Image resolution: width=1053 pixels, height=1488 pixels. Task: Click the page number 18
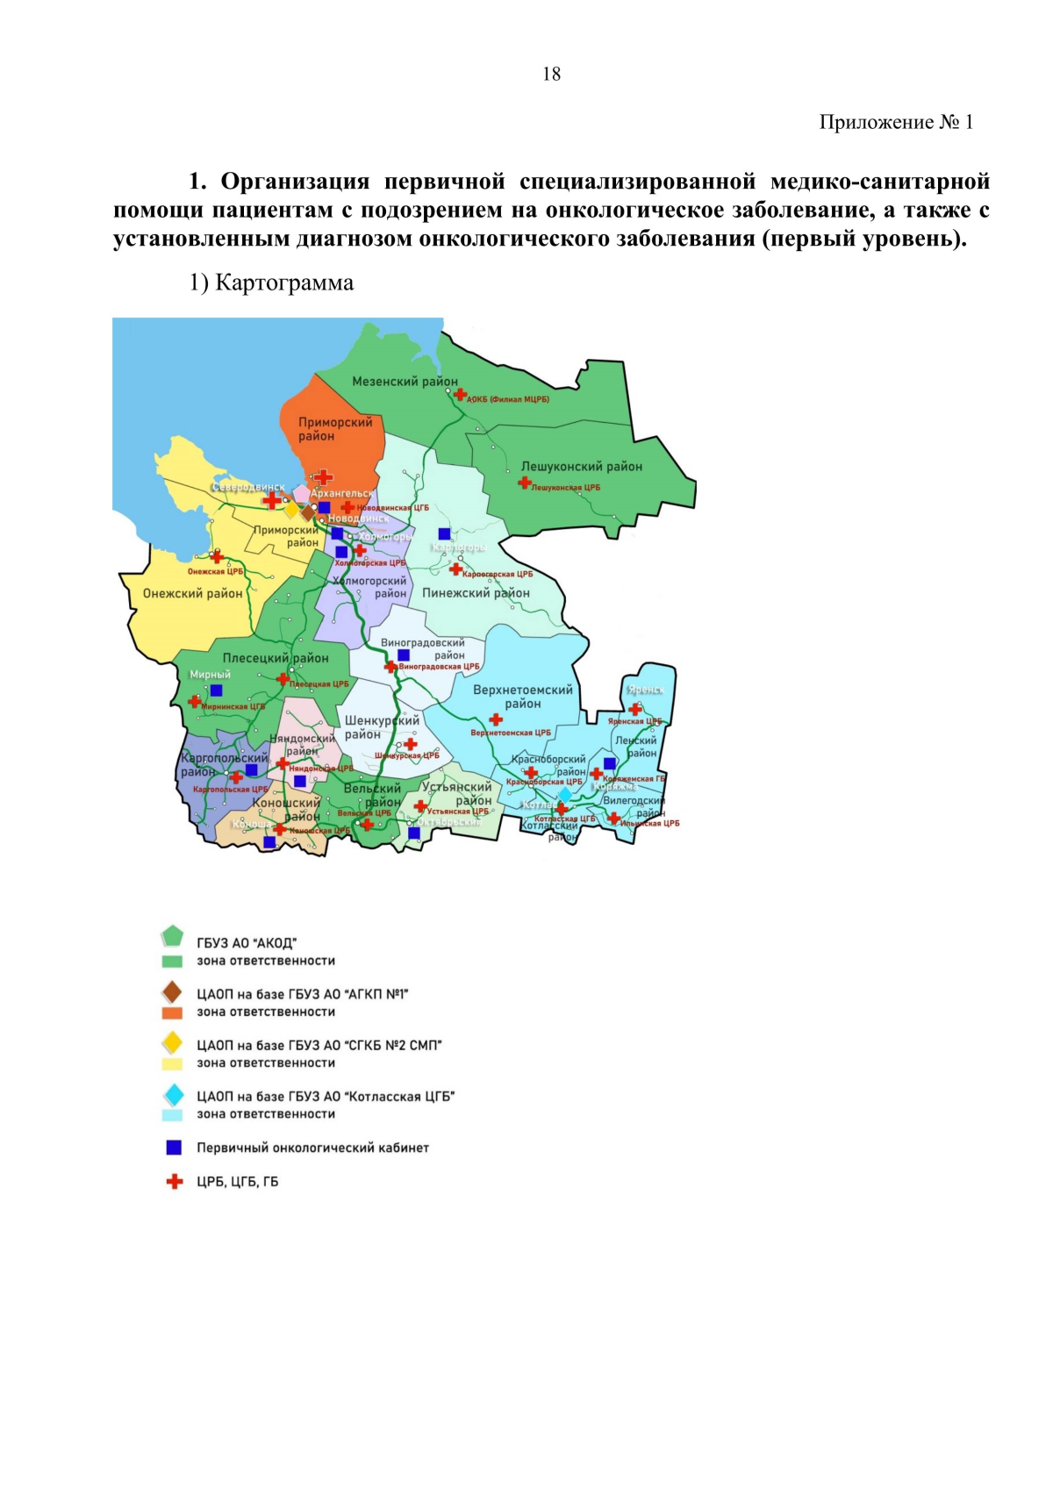pyautogui.click(x=551, y=75)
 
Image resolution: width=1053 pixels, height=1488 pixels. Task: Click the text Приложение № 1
pyautogui.click(x=895, y=122)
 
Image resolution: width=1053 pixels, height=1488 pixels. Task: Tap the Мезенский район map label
pyautogui.click(x=405, y=382)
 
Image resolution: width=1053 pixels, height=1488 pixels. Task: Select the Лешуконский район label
pyautogui.click(x=581, y=467)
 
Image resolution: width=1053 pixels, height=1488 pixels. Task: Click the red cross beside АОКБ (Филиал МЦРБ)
pyautogui.click(x=460, y=395)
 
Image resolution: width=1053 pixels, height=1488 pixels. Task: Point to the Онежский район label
pyautogui.click(x=192, y=594)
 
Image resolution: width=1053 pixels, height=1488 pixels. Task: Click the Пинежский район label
pyautogui.click(x=476, y=593)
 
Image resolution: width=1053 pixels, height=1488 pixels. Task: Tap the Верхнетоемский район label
pyautogui.click(x=522, y=697)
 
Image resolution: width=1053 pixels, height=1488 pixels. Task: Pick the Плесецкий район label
pyautogui.click(x=275, y=658)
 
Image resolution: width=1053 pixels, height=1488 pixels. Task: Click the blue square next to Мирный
pyautogui.click(x=216, y=690)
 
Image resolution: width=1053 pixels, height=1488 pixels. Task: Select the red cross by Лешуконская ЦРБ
pyautogui.click(x=524, y=483)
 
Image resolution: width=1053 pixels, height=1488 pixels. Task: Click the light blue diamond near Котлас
pyautogui.click(x=565, y=794)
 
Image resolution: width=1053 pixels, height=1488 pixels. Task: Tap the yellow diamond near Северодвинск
pyautogui.click(x=291, y=510)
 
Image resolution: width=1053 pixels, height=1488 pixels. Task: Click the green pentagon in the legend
pyautogui.click(x=173, y=936)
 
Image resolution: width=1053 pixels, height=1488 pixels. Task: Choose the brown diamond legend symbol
pyautogui.click(x=173, y=992)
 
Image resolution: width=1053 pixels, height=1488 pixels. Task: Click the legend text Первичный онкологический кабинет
pyautogui.click(x=312, y=1148)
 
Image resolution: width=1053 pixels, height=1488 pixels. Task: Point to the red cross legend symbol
pyautogui.click(x=175, y=1182)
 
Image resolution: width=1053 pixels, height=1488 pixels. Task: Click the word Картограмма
pyautogui.click(x=284, y=283)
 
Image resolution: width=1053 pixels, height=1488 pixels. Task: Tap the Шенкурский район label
pyautogui.click(x=381, y=727)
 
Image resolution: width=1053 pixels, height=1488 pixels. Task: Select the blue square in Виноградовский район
pyautogui.click(x=404, y=655)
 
